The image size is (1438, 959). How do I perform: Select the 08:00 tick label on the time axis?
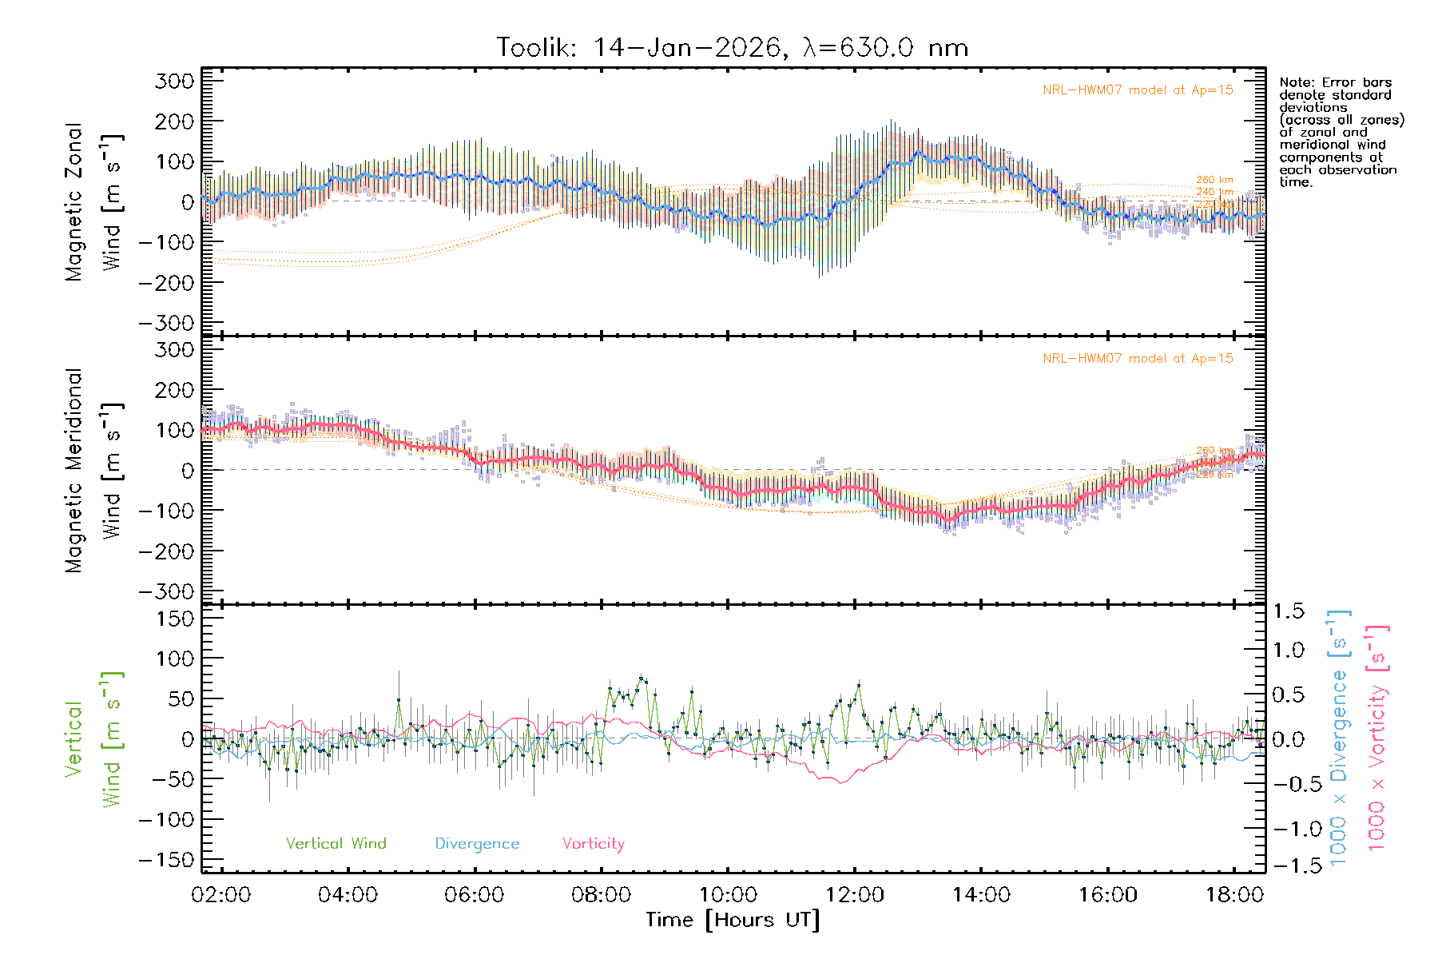(x=601, y=895)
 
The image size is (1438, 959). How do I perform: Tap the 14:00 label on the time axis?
(x=981, y=895)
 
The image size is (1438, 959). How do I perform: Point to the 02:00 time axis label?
(x=221, y=895)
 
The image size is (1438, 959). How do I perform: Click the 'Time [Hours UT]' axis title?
(x=733, y=920)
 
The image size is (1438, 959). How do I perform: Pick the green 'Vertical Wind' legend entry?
(x=336, y=844)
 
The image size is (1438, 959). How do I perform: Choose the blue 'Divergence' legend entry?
(x=477, y=844)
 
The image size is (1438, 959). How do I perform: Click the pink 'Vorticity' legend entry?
(x=593, y=844)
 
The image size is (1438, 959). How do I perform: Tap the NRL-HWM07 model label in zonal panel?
(x=1138, y=90)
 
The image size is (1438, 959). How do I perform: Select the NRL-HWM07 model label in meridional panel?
(x=1138, y=359)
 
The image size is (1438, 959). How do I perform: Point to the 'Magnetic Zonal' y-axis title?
(x=73, y=201)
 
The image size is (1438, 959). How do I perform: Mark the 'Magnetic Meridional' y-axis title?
(x=73, y=471)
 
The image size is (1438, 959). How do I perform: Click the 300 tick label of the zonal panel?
(x=174, y=82)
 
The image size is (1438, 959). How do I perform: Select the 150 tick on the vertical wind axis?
(x=174, y=619)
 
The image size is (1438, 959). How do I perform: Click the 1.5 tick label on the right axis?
(x=1288, y=611)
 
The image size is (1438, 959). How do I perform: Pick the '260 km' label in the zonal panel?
(x=1214, y=181)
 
